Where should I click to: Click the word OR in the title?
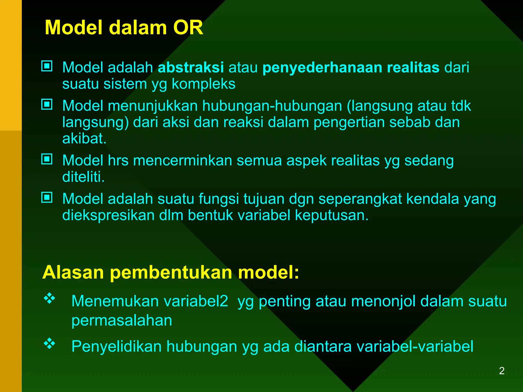click(x=188, y=28)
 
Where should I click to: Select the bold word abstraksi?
click(x=191, y=67)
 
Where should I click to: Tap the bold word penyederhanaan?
click(x=322, y=68)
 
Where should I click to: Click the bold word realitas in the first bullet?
click(x=413, y=67)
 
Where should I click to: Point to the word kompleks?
click(x=204, y=84)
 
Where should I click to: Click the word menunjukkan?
click(x=153, y=106)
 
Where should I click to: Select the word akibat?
click(x=84, y=139)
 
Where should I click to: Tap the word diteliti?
click(x=83, y=177)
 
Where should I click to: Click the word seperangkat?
click(x=360, y=199)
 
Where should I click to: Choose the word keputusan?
click(x=332, y=215)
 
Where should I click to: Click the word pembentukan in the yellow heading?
click(x=171, y=273)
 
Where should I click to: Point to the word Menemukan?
click(x=115, y=301)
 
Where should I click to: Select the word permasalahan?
click(x=122, y=321)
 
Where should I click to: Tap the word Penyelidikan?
click(x=116, y=347)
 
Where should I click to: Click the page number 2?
click(x=502, y=371)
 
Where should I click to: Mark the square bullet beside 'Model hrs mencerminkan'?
click(x=47, y=159)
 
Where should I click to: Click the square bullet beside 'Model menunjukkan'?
click(x=47, y=104)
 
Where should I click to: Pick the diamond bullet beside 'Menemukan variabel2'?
click(x=50, y=298)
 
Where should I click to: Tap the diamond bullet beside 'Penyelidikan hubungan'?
click(x=50, y=344)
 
